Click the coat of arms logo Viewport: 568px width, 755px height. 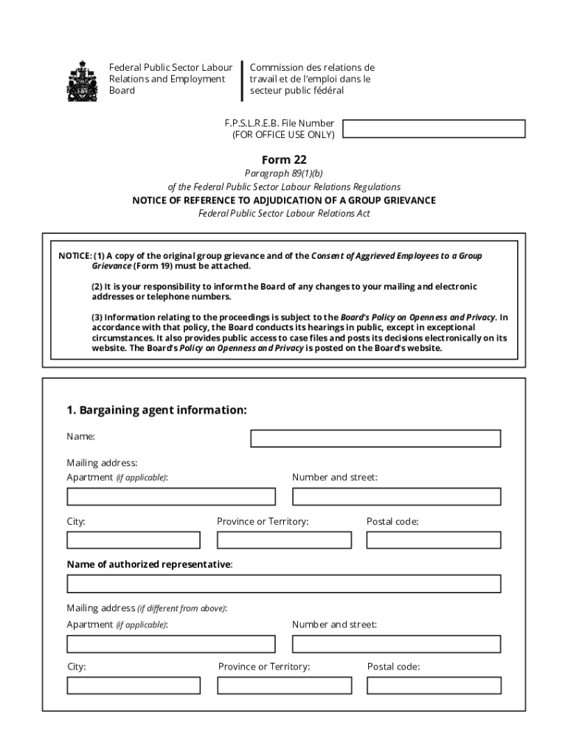pyautogui.click(x=82, y=80)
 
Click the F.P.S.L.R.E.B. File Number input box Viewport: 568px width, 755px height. pyautogui.click(x=434, y=129)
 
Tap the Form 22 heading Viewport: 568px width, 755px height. pyautogui.click(x=284, y=160)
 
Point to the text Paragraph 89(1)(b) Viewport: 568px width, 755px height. pyautogui.click(x=284, y=174)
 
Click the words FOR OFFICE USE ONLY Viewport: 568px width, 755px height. pyautogui.click(x=283, y=135)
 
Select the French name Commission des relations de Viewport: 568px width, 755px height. pyautogui.click(x=312, y=68)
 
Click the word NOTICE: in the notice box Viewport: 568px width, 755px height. pyautogui.click(x=75, y=256)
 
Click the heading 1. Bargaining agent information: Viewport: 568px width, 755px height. pyautogui.click(x=156, y=410)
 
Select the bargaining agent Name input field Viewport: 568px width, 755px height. pyautogui.click(x=375, y=439)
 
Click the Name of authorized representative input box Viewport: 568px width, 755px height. pyautogui.click(x=283, y=584)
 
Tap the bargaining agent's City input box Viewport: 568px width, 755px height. pyautogui.click(x=134, y=540)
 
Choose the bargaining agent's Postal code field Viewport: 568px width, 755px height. pyautogui.click(x=433, y=540)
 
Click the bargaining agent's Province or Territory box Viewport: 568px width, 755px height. pyautogui.click(x=284, y=540)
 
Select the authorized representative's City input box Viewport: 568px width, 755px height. pyautogui.click(x=134, y=686)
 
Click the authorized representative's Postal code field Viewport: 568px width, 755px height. pyautogui.click(x=434, y=686)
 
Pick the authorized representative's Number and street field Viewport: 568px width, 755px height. pyautogui.click(x=396, y=644)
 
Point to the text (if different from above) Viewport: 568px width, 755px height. pyautogui.click(x=182, y=609)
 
